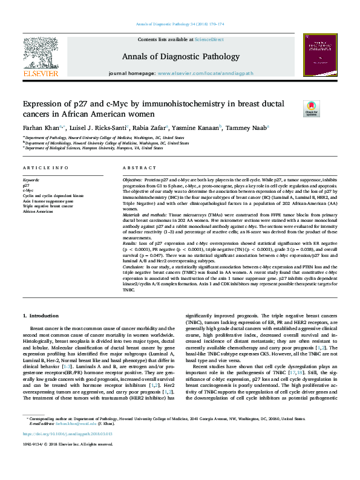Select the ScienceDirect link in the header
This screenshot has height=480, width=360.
[209, 39]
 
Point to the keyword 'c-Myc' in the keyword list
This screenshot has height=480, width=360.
[28, 191]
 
